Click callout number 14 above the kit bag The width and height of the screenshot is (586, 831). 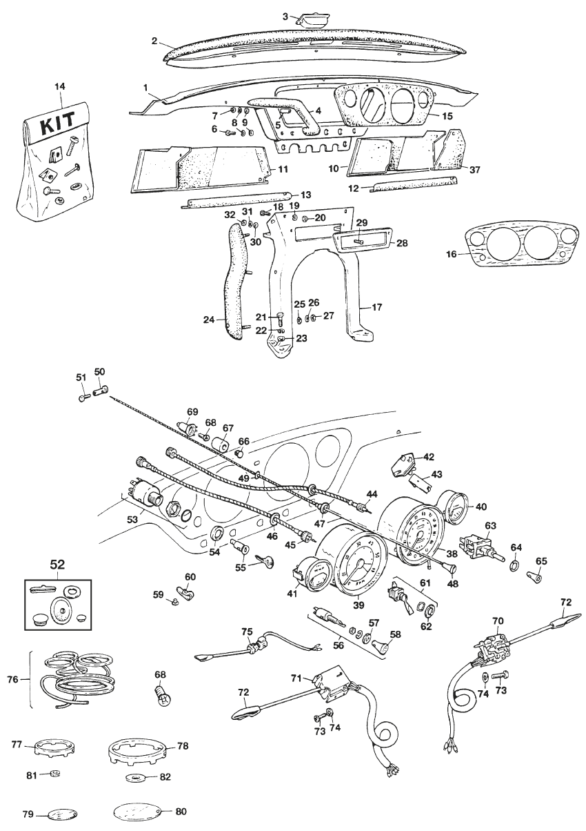point(59,86)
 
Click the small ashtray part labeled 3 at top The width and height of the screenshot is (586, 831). point(310,19)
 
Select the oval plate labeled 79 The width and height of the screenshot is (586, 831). point(59,814)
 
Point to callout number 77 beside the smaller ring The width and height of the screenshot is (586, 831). point(18,744)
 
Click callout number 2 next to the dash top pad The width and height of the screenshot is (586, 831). point(155,40)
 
